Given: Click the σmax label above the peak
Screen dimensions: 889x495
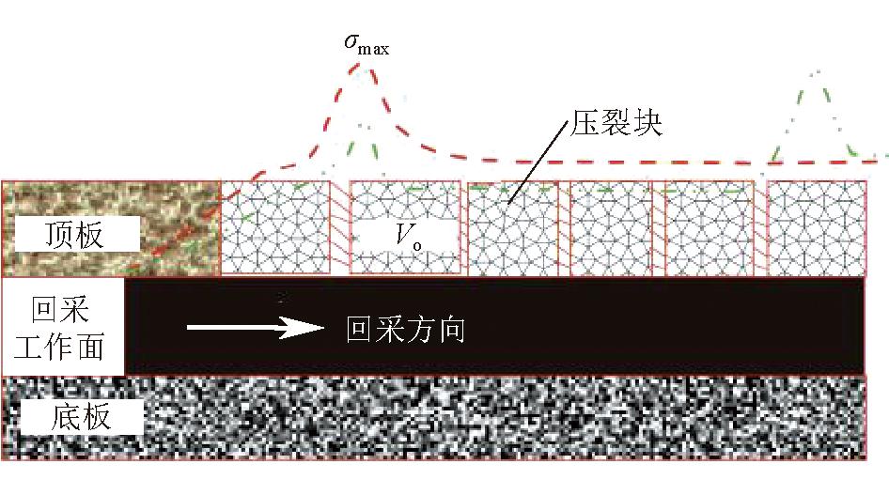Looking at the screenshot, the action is click(x=367, y=44).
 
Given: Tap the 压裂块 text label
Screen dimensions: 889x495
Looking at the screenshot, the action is click(x=616, y=122).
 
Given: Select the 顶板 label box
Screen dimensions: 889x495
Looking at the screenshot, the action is click(x=77, y=233).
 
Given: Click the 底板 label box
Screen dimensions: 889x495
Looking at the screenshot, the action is click(x=80, y=417).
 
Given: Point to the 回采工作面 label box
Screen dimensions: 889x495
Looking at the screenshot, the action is click(x=62, y=327).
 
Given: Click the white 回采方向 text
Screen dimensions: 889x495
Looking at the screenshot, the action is click(x=405, y=329).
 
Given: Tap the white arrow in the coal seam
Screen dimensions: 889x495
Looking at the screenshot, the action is click(x=255, y=328).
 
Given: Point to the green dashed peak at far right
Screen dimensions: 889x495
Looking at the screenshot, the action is click(x=817, y=72).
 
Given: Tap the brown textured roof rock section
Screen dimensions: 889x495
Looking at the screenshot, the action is click(x=111, y=228).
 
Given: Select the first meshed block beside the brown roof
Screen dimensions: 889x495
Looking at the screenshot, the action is click(x=275, y=227).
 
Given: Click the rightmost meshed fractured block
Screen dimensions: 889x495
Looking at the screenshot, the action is click(x=817, y=227).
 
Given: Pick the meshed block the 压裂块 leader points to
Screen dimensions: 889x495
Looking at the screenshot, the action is click(x=512, y=228).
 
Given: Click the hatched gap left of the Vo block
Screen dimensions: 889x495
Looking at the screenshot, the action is click(x=339, y=227).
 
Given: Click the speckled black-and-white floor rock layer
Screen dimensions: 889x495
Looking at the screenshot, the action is click(x=434, y=417).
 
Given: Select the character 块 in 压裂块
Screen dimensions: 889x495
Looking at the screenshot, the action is click(x=647, y=122).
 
